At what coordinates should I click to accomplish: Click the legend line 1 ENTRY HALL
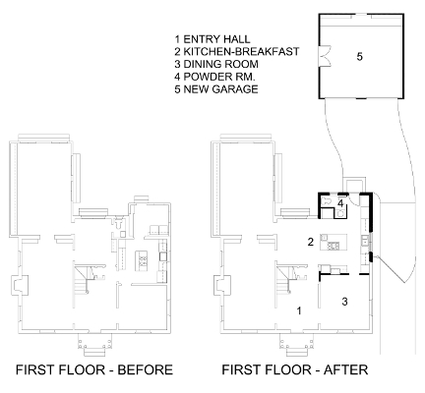(212, 39)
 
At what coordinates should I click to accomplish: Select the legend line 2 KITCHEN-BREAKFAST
(237, 52)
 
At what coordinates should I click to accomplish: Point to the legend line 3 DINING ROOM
(216, 64)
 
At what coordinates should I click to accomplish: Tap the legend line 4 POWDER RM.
(214, 77)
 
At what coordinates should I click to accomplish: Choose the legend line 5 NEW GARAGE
(216, 88)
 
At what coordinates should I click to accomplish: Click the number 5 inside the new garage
(360, 57)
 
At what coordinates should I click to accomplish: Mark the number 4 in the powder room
(340, 203)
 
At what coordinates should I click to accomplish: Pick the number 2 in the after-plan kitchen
(311, 242)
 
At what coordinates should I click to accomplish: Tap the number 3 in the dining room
(344, 302)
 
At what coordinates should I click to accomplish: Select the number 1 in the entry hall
(299, 310)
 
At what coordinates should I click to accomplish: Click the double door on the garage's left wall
(324, 57)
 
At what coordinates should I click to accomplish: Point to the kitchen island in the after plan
(334, 242)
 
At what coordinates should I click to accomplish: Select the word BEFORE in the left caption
(145, 369)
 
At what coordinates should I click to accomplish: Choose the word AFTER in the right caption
(345, 369)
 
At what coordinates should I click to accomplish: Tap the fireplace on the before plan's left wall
(17, 285)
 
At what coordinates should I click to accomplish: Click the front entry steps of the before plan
(95, 348)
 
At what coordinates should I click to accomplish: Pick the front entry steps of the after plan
(297, 348)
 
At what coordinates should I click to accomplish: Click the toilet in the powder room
(326, 201)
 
